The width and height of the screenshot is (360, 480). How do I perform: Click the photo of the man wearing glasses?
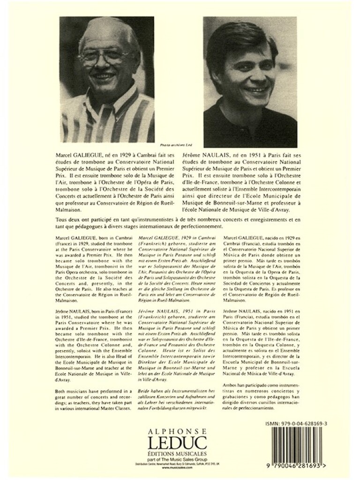coord(107,80)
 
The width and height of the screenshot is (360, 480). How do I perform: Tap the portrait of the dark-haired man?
coord(250,82)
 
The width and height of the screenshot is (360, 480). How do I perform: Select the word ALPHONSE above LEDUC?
coord(180,429)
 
